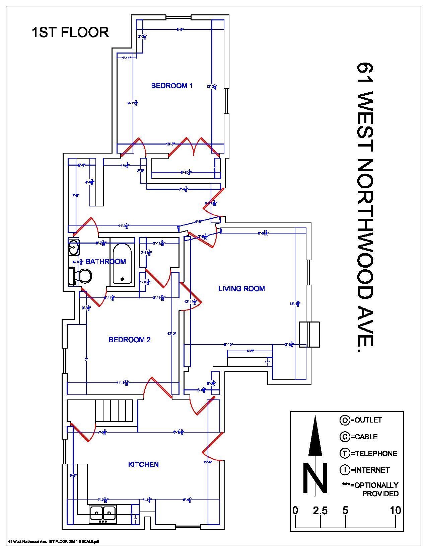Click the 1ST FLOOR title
[70, 32]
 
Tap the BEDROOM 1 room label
[172, 86]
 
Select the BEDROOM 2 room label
[130, 340]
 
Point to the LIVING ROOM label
[241, 288]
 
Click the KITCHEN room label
[143, 464]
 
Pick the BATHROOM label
[105, 262]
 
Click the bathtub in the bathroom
[122, 263]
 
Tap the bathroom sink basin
[73, 248]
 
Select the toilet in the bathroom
[82, 276]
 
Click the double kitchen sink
[102, 513]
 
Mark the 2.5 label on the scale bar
[320, 511]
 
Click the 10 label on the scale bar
[396, 511]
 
